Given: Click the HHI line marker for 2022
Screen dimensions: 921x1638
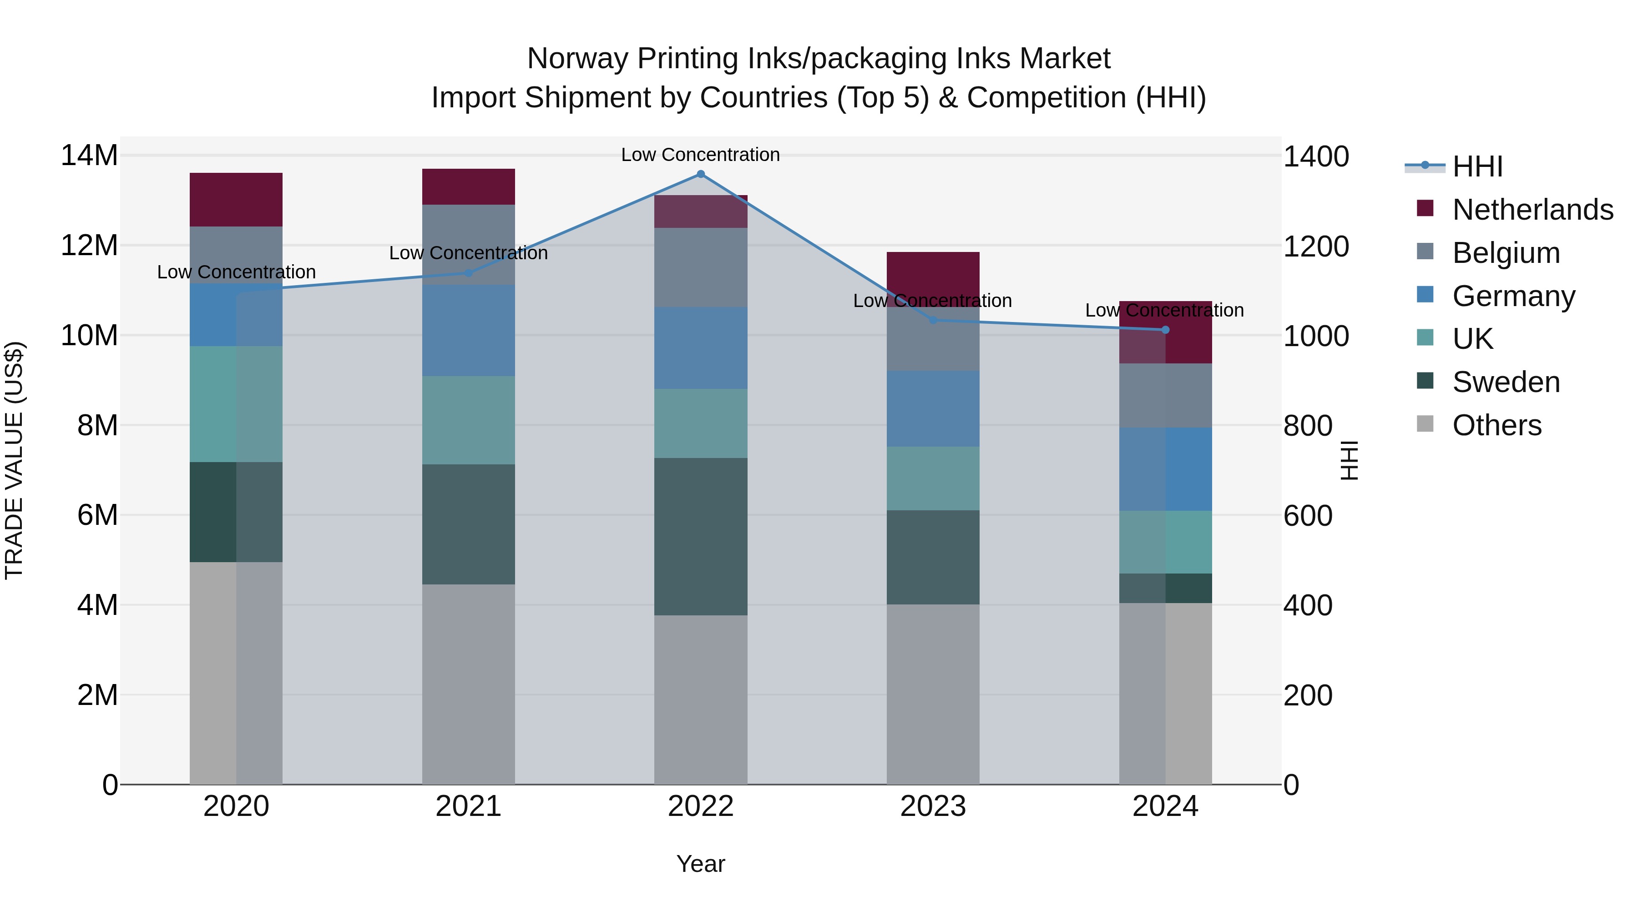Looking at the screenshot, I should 701,174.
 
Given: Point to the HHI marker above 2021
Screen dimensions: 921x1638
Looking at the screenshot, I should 468,273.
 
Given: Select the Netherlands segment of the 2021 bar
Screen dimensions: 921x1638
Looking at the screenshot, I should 468,187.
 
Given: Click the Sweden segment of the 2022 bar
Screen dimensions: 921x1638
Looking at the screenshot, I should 701,537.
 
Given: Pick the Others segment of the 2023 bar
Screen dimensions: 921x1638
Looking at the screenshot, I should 933,694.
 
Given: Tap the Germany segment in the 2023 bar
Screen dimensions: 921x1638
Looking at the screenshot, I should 933,409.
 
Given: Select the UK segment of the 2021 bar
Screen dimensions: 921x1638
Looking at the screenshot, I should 468,420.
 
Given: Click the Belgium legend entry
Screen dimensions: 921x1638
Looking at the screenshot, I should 1506,253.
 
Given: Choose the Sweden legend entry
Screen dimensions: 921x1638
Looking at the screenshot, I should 1506,382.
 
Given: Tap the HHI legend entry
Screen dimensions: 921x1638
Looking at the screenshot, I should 1477,166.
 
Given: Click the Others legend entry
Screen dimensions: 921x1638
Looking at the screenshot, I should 1496,425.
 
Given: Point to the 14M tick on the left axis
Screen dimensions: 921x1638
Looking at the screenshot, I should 89,156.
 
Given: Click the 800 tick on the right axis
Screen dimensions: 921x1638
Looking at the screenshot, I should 1307,426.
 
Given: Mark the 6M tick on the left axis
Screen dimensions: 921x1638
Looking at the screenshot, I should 97,515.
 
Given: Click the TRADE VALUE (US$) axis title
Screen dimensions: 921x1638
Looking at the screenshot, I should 15,460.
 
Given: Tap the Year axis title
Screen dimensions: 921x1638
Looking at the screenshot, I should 701,864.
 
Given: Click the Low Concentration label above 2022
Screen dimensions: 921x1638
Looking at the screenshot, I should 700,155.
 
